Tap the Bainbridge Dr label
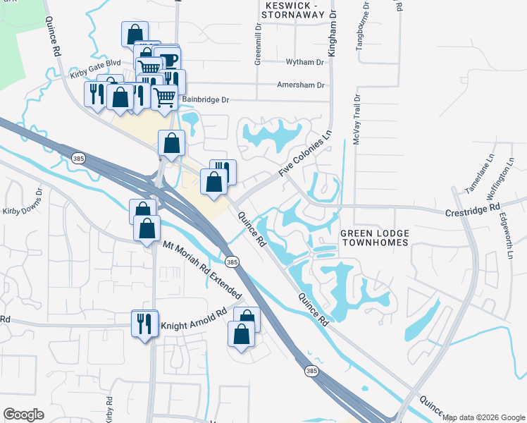(206, 100)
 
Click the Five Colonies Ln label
(304, 153)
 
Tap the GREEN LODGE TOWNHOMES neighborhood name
(374, 238)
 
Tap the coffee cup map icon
(167, 59)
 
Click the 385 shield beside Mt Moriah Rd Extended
(232, 262)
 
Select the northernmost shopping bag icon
(134, 34)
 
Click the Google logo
(23, 415)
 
